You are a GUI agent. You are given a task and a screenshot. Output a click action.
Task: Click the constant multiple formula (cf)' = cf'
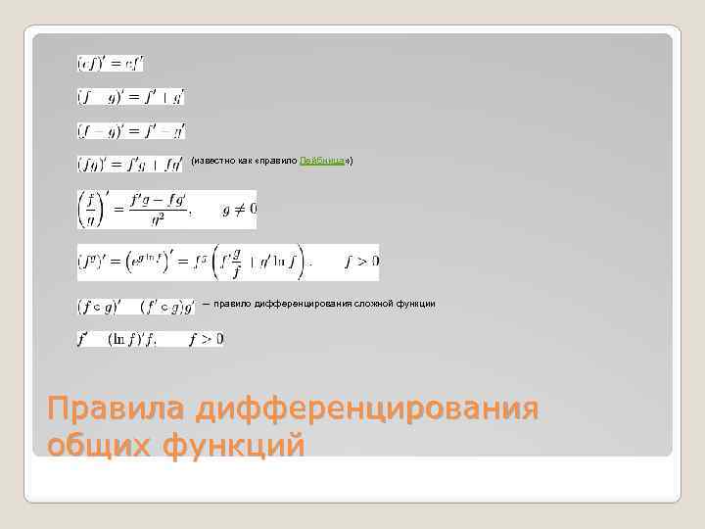pos(111,64)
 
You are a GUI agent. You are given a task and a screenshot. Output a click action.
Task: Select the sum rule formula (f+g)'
pos(131,97)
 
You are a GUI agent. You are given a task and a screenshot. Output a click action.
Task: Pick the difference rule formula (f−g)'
pos(131,130)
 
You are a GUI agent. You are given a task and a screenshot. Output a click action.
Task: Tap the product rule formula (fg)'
pos(130,164)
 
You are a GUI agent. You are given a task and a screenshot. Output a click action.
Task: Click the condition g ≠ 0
pos(240,209)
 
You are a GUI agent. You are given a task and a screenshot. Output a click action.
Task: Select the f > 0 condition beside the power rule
pos(361,262)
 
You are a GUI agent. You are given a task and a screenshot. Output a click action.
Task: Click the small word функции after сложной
pos(415,304)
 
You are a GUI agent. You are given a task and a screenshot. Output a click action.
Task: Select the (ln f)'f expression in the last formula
pos(137,339)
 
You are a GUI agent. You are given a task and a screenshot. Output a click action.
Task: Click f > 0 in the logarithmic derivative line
pos(207,339)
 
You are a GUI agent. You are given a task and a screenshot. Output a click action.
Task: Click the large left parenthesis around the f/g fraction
pos(84,209)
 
